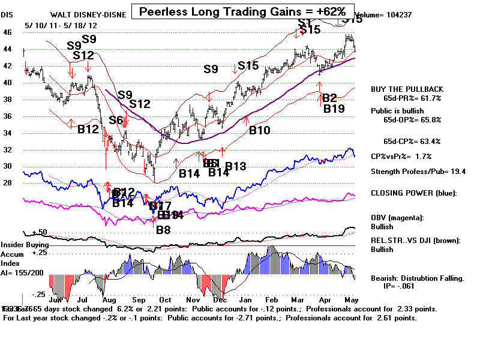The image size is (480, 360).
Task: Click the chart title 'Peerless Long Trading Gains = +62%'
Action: (242, 11)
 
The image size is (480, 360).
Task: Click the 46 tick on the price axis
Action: (7, 32)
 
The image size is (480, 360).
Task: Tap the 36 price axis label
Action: (7, 116)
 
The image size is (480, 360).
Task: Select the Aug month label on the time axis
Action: (110, 299)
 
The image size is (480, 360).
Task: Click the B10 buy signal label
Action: (260, 130)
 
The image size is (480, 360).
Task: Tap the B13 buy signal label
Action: (236, 166)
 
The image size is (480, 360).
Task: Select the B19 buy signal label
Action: (334, 109)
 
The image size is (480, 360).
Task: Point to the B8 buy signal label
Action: (163, 229)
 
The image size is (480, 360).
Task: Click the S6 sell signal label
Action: (116, 121)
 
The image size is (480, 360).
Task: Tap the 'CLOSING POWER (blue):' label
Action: (406, 193)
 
